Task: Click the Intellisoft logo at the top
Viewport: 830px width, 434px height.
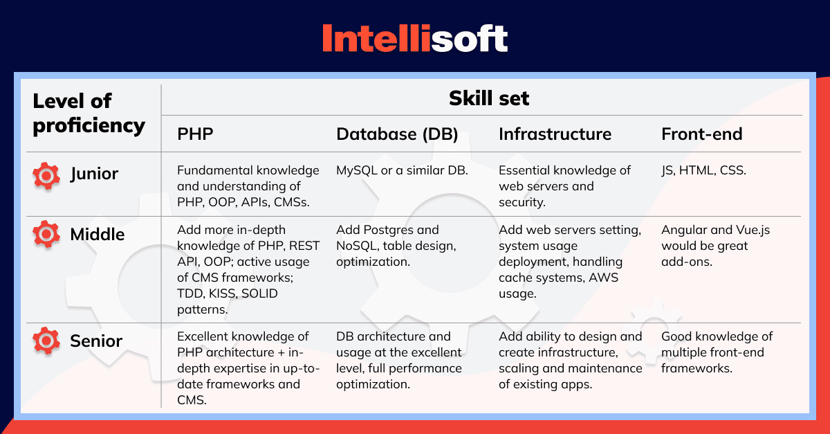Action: pyautogui.click(x=414, y=38)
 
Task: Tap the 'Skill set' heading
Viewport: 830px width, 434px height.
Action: pyautogui.click(x=489, y=98)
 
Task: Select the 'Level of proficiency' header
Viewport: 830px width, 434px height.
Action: pyautogui.click(x=89, y=113)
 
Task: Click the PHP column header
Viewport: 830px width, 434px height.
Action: pyautogui.click(x=195, y=134)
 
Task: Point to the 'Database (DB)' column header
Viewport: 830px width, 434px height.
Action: pyautogui.click(x=397, y=134)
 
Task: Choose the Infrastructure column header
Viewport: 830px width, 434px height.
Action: pyautogui.click(x=555, y=134)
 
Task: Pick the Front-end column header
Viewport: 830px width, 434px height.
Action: pyautogui.click(x=702, y=134)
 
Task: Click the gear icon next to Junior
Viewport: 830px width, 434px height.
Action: pyautogui.click(x=46, y=175)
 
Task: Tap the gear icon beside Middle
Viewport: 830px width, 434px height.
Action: pyautogui.click(x=46, y=234)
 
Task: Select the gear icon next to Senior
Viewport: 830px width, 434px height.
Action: pyautogui.click(x=46, y=341)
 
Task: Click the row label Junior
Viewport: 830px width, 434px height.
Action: pyautogui.click(x=94, y=174)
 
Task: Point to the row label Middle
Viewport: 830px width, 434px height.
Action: pyautogui.click(x=98, y=235)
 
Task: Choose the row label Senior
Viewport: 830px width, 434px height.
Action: pyautogui.click(x=96, y=341)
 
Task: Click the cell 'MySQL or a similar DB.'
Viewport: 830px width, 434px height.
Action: pyautogui.click(x=402, y=170)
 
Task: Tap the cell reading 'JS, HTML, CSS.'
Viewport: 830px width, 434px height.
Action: pyautogui.click(x=703, y=170)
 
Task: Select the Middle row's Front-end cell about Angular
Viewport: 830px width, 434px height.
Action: pyautogui.click(x=715, y=246)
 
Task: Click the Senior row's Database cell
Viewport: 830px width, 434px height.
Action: pyautogui.click(x=399, y=360)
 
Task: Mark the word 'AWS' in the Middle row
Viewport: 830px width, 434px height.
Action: pyautogui.click(x=604, y=278)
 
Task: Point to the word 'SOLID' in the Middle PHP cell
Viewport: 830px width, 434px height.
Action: pyautogui.click(x=259, y=293)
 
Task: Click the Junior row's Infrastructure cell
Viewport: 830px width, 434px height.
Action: pyautogui.click(x=564, y=186)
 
